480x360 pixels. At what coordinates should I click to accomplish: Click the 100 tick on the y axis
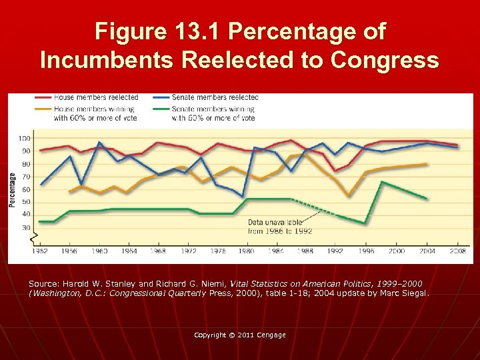24,138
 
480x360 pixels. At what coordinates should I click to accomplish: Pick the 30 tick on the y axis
26,227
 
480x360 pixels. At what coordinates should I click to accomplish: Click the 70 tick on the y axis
26,177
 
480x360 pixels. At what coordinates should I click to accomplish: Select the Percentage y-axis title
12,190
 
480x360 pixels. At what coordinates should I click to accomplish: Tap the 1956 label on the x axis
69,251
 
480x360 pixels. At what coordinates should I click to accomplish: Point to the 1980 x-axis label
246,251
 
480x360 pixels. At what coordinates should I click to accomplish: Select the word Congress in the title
384,60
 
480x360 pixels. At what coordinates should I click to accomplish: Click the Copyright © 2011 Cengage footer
239,335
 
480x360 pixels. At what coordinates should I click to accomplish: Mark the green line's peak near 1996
381,181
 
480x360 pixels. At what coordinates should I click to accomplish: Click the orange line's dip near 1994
349,196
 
